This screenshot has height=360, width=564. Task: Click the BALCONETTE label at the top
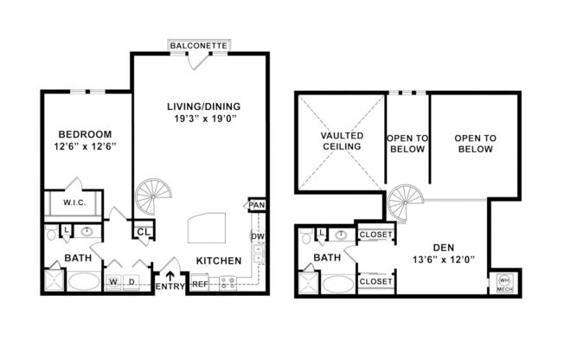click(198, 44)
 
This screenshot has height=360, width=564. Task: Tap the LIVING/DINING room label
click(202, 106)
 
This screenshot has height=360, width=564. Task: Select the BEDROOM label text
click(86, 134)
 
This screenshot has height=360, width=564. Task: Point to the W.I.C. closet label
click(74, 202)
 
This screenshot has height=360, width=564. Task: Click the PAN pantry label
click(257, 205)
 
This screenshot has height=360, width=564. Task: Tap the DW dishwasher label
click(257, 236)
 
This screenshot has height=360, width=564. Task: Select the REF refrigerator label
click(200, 283)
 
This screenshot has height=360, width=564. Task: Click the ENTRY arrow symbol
click(170, 276)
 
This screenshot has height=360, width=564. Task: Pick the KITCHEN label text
click(219, 260)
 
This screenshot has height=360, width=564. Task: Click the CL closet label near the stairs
click(143, 231)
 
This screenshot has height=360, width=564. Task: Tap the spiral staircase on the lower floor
click(153, 196)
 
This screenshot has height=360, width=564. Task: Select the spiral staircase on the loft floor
click(404, 202)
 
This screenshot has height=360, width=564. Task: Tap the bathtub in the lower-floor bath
click(83, 281)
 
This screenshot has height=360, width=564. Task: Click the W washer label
click(113, 282)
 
